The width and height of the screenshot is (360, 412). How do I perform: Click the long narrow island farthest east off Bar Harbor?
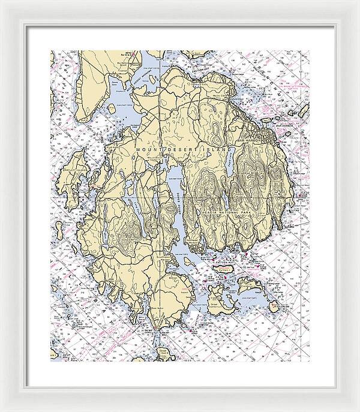tap(302, 112)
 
